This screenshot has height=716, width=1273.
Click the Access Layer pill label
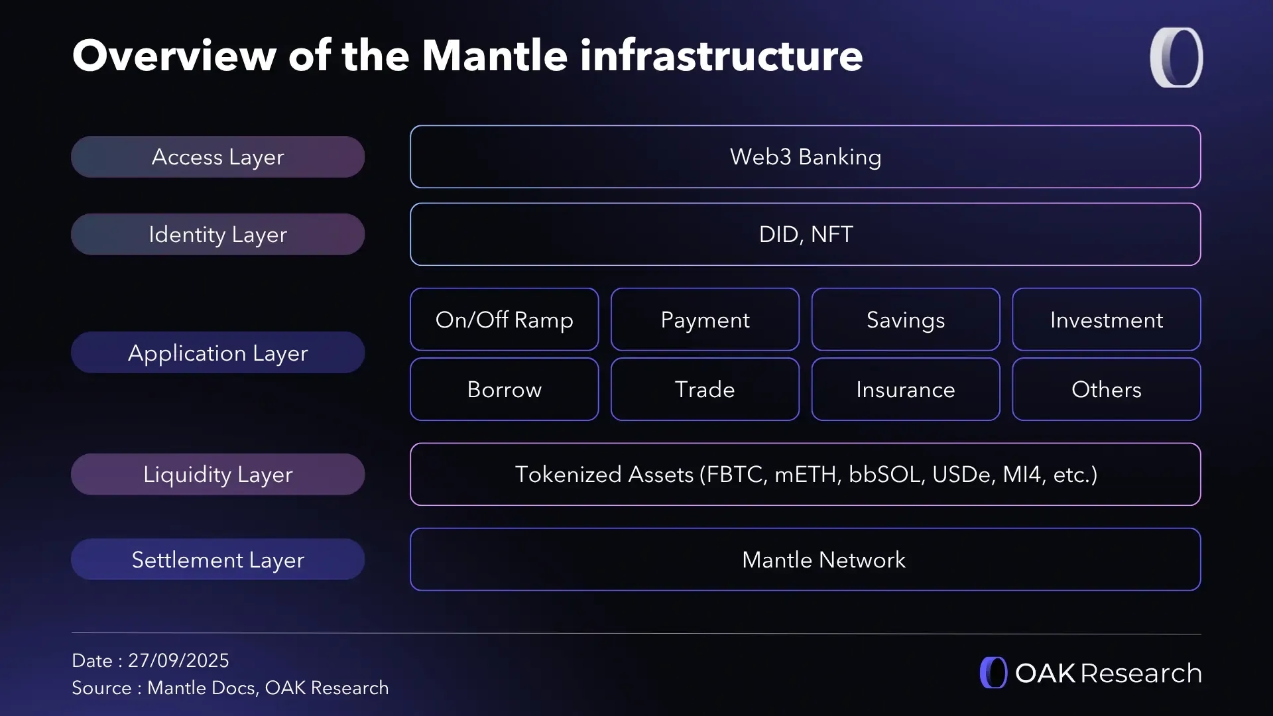click(x=217, y=157)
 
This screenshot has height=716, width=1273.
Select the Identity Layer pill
click(x=217, y=235)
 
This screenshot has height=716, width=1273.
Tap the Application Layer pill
click(x=217, y=353)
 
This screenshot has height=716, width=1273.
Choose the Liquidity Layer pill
click(x=217, y=475)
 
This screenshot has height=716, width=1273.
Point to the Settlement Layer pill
click(x=217, y=560)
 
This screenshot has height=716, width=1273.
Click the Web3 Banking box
click(x=805, y=157)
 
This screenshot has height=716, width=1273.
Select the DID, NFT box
click(x=805, y=235)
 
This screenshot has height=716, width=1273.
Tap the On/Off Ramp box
click(x=504, y=320)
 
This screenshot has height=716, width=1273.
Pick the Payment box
click(x=705, y=320)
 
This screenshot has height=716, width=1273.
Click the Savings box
click(x=906, y=320)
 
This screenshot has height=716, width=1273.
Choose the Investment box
click(x=1106, y=320)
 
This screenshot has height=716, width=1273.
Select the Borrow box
click(x=504, y=389)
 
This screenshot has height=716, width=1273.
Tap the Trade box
click(x=705, y=389)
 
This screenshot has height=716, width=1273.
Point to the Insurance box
click(x=906, y=389)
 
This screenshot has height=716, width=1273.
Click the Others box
click(x=1106, y=389)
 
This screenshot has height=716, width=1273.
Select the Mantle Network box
click(x=805, y=560)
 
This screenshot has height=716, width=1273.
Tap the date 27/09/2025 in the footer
click(x=178, y=660)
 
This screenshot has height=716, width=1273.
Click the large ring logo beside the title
click(x=1176, y=57)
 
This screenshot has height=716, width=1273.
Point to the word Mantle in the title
click(x=495, y=56)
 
